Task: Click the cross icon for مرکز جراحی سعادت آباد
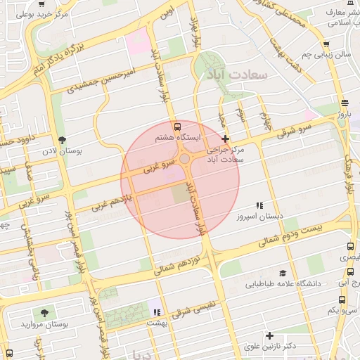[x=225, y=139]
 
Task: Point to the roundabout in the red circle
[x=185, y=160]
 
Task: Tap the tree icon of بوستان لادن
[x=63, y=140]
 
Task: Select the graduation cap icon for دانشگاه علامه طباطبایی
[x=283, y=273]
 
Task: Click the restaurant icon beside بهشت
[x=157, y=311]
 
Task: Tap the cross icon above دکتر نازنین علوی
[x=269, y=335]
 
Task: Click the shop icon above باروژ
[x=344, y=102]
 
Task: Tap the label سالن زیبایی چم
[x=326, y=54]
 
